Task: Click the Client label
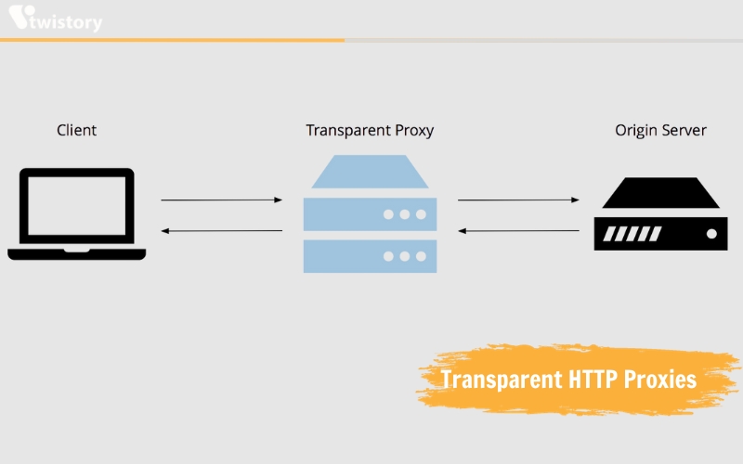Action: (77, 130)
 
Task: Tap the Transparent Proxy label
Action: (370, 130)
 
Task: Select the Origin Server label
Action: (660, 130)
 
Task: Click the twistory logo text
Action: (65, 21)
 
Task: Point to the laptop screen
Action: (77, 205)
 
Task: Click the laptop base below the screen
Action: (77, 253)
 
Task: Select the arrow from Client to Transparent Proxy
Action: (222, 200)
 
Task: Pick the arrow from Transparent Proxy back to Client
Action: (222, 231)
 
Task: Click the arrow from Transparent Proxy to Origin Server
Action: (518, 200)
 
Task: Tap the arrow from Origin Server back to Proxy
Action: (518, 231)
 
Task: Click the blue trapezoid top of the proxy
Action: (370, 172)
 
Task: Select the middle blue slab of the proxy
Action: (370, 214)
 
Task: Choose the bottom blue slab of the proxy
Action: (370, 256)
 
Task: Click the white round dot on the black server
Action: (711, 234)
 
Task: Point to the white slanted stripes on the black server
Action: (632, 234)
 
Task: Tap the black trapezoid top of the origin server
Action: (661, 193)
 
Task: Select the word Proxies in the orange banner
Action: (660, 380)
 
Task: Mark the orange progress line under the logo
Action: (172, 40)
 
